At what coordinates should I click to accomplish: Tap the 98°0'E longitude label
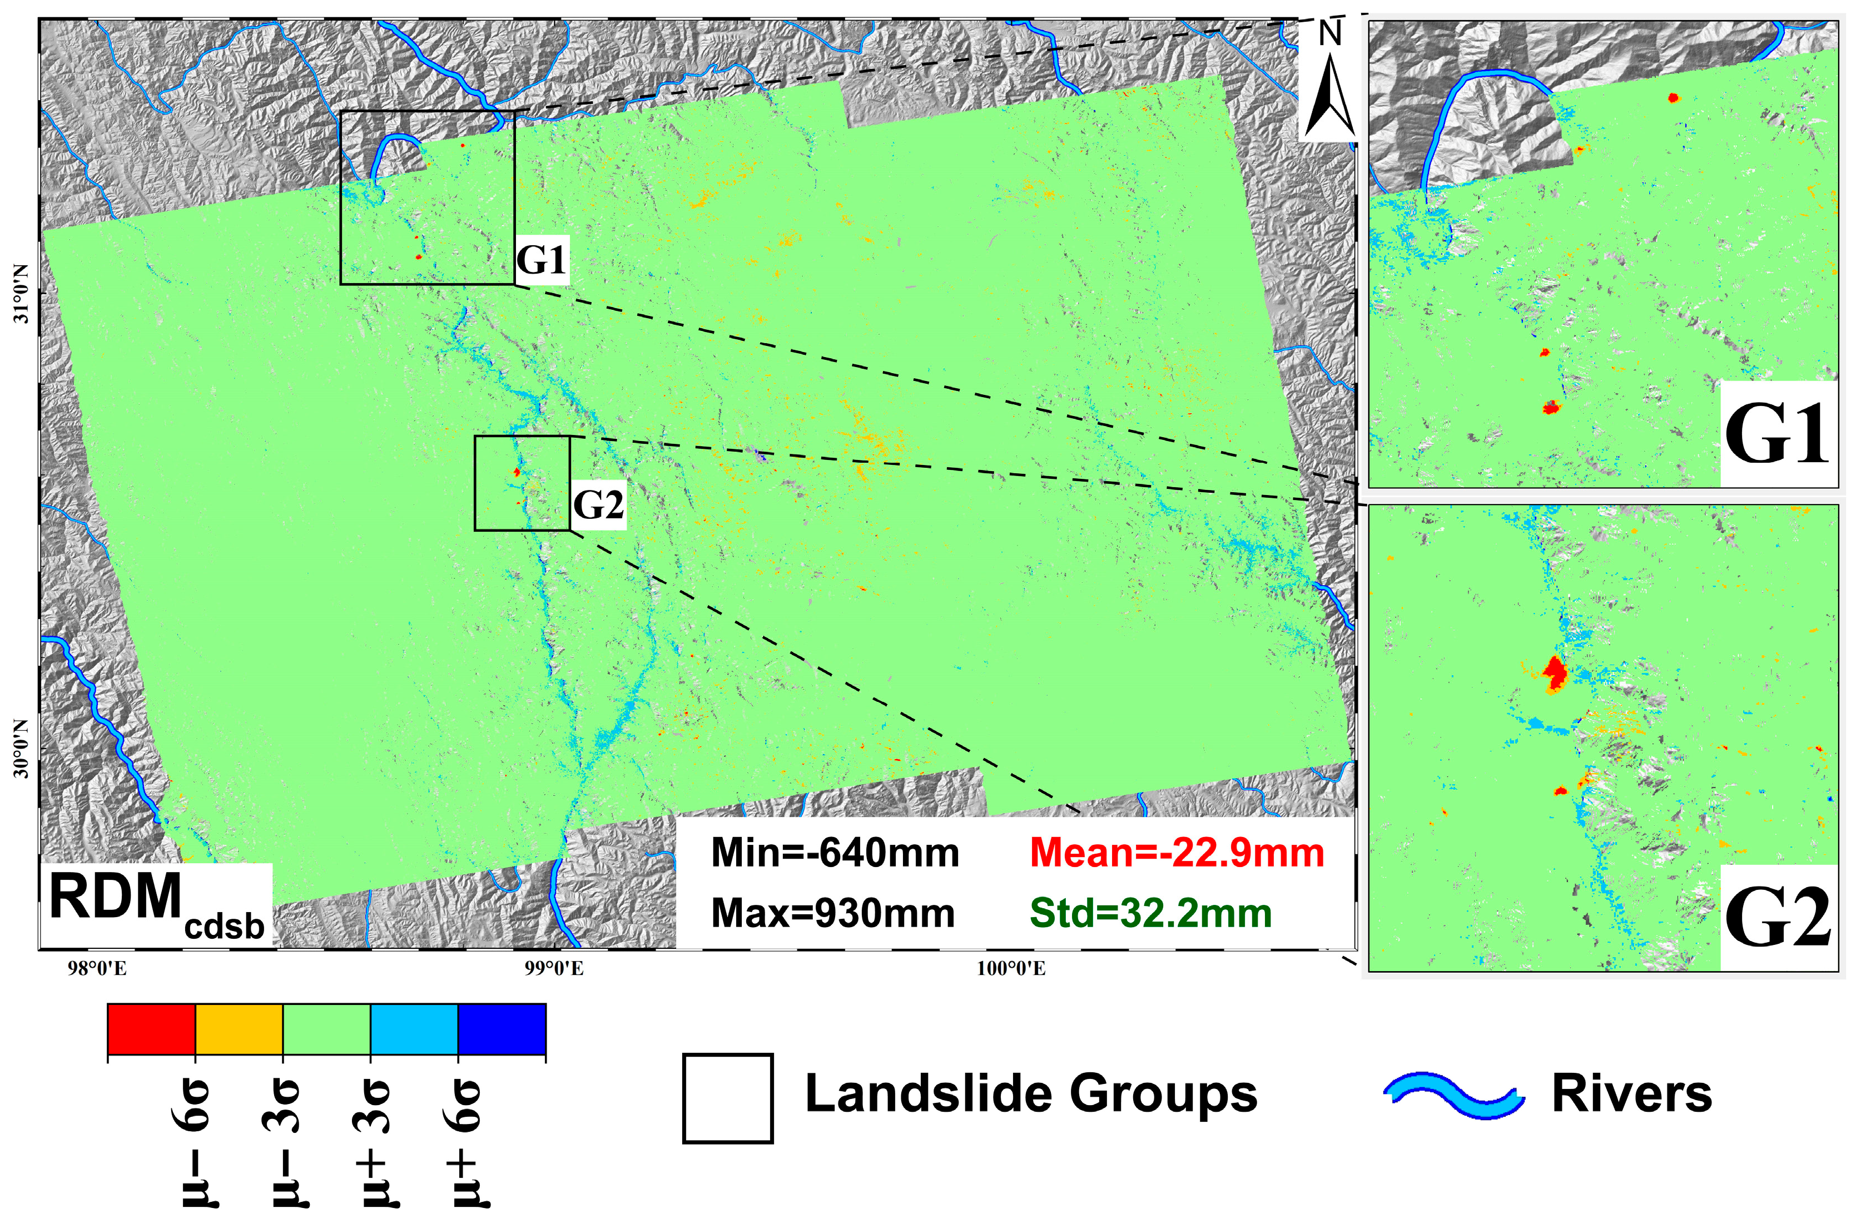click(97, 969)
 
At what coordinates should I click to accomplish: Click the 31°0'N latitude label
click(21, 293)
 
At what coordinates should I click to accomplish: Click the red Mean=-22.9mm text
click(1177, 853)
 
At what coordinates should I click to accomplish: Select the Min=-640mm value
click(835, 853)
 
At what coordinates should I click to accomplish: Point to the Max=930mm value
click(833, 913)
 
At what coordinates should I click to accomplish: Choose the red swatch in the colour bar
click(151, 1029)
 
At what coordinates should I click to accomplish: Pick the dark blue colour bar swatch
click(502, 1029)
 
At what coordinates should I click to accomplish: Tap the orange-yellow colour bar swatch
click(239, 1029)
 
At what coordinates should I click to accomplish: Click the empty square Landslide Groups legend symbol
click(727, 1098)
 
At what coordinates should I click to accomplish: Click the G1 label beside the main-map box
click(541, 259)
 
